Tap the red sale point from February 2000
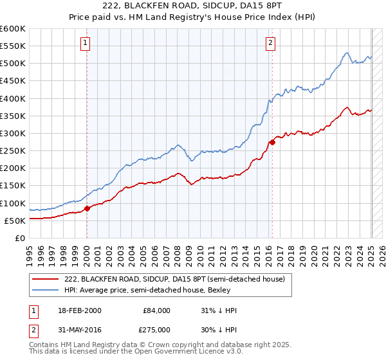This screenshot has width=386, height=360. pyautogui.click(x=87, y=208)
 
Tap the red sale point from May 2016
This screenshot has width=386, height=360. pyautogui.click(x=272, y=142)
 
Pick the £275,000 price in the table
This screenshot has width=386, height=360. pyautogui.click(x=157, y=330)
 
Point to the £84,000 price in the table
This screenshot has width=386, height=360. pyautogui.click(x=157, y=310)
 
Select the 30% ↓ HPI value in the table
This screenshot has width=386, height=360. pyautogui.click(x=219, y=330)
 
